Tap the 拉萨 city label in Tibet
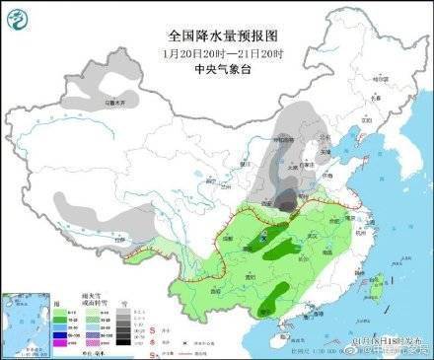coord(119,239)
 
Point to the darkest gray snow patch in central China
coord(286,202)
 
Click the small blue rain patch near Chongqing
coord(264,238)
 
